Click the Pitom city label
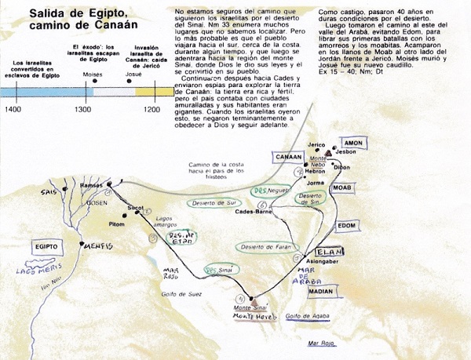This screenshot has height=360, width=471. coord(117,224)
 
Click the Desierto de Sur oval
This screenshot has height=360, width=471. coord(211,202)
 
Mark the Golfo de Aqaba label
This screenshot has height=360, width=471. coord(305,316)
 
